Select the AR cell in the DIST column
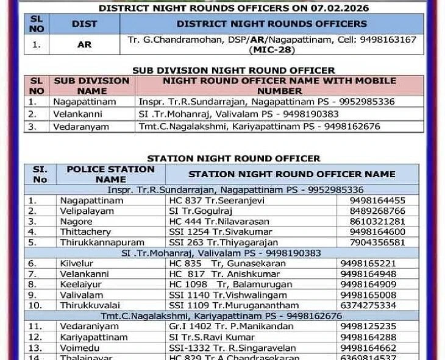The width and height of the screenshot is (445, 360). pyautogui.click(x=84, y=44)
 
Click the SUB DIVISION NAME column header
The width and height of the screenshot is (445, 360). pyautogui.click(x=91, y=85)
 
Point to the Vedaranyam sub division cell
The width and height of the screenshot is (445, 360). pyautogui.click(x=81, y=127)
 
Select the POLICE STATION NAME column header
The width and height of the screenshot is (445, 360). pyautogui.click(x=110, y=174)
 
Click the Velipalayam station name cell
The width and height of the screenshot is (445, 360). pyautogui.click(x=87, y=211)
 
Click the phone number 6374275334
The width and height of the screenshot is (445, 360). pyautogui.click(x=368, y=305)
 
